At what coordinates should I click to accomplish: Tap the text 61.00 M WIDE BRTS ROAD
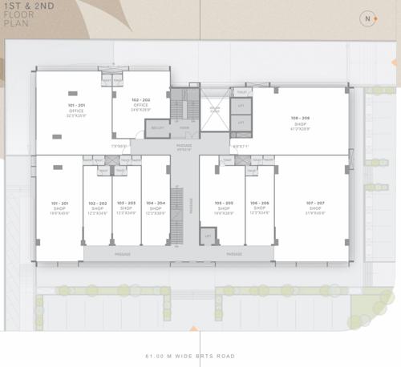click(x=200, y=356)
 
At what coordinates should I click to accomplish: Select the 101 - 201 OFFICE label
click(x=76, y=111)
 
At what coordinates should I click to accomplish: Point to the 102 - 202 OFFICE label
click(x=141, y=103)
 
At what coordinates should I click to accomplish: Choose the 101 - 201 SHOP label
click(x=59, y=207)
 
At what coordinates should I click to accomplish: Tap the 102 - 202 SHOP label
click(x=98, y=208)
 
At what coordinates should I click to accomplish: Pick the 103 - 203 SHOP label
click(x=126, y=208)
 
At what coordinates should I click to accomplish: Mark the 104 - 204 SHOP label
click(x=156, y=208)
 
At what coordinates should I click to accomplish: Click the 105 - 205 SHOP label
click(x=224, y=208)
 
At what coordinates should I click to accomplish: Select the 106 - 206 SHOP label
click(x=258, y=208)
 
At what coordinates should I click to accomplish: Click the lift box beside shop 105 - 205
click(x=208, y=237)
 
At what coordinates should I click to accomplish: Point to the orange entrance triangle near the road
click(x=192, y=328)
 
